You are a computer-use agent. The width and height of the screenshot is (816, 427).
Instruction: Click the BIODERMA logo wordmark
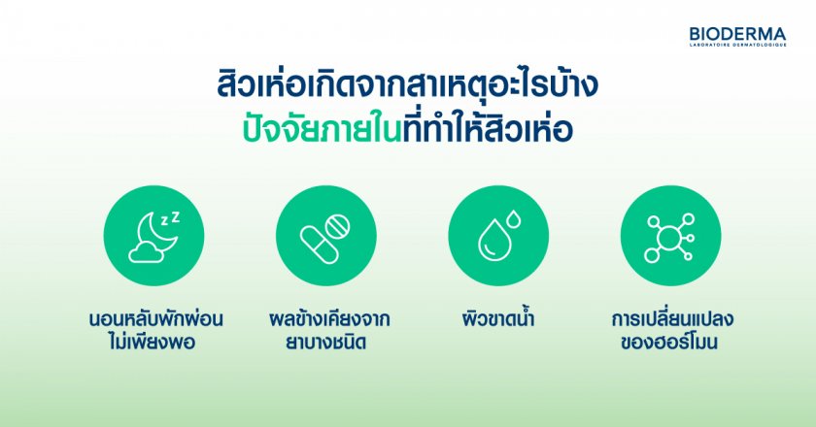click(x=737, y=34)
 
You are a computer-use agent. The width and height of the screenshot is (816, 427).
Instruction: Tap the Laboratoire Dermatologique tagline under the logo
click(x=738, y=45)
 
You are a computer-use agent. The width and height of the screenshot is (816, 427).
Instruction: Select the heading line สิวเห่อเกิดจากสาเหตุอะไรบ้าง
click(x=407, y=86)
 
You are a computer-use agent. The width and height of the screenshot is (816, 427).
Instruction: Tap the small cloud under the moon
click(x=145, y=254)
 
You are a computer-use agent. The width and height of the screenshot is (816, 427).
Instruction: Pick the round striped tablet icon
click(x=337, y=226)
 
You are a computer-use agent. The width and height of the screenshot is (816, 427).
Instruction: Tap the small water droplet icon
click(x=514, y=219)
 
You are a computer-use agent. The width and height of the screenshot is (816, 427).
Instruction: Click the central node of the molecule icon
click(x=668, y=238)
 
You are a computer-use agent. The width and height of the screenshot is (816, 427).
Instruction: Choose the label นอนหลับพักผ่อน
click(x=156, y=319)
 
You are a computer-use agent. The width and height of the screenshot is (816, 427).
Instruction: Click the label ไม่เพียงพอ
click(x=153, y=343)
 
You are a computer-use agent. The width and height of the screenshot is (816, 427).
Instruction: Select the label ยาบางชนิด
click(x=326, y=343)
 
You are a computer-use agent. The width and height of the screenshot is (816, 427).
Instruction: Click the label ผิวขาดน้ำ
click(x=498, y=318)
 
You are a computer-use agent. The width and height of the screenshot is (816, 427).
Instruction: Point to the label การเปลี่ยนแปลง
click(x=672, y=318)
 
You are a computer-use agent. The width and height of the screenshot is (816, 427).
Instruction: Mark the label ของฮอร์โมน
click(x=669, y=342)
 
